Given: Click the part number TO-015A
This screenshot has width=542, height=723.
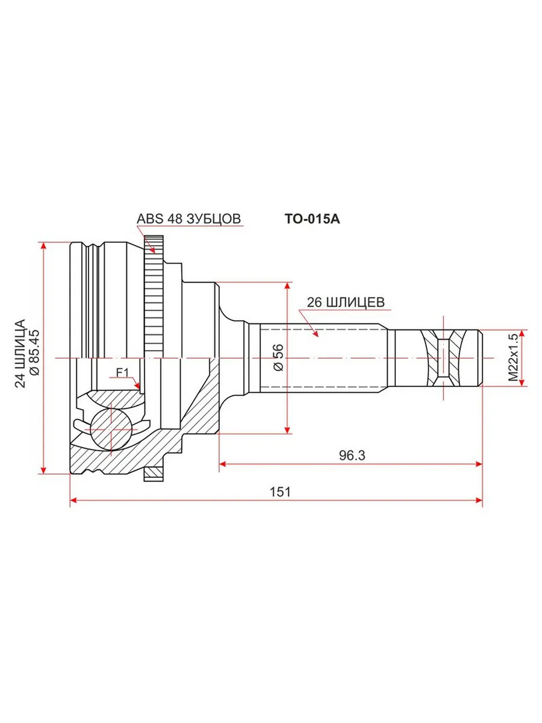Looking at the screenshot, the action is [x=312, y=219].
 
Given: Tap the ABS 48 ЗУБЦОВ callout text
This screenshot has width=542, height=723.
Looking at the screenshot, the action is [x=188, y=219].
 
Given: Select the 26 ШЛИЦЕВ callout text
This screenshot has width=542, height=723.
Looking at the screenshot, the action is [x=346, y=302].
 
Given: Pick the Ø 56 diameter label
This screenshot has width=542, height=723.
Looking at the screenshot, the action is [x=278, y=358].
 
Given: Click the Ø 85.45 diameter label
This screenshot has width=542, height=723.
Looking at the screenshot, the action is [x=34, y=352].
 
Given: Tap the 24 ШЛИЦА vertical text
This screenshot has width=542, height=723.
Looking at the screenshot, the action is [x=20, y=353].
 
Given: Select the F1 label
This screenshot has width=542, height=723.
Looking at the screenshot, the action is [x=122, y=372].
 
